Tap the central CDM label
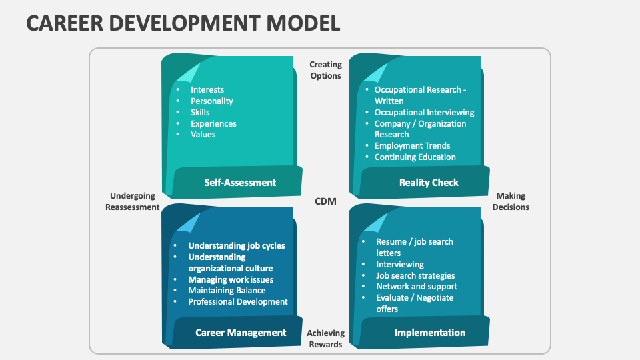(x=325, y=201)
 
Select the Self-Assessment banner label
(x=240, y=182)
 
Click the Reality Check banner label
(x=429, y=182)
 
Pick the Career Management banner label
(x=241, y=332)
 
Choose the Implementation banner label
(x=429, y=332)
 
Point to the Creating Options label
(x=325, y=70)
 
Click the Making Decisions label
(x=511, y=201)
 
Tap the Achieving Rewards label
(x=325, y=339)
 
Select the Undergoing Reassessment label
(x=132, y=201)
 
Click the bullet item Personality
(x=211, y=101)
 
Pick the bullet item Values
(x=203, y=134)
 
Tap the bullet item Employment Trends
(x=412, y=146)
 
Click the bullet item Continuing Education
(x=415, y=157)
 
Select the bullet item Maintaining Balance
(x=227, y=290)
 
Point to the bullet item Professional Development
(x=237, y=301)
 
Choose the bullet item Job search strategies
(x=415, y=275)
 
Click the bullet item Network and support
(x=417, y=287)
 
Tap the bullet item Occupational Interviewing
(x=424, y=113)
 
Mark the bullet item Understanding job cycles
(x=236, y=245)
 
